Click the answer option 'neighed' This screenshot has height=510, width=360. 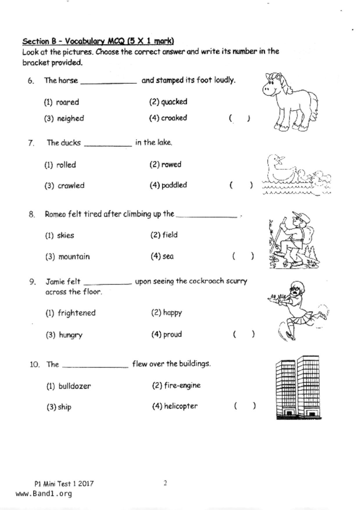tap(70, 118)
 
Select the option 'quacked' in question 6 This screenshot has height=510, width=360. tap(174, 102)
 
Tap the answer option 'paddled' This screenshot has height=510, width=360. tap(174, 185)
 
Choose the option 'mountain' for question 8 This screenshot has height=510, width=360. tap(74, 256)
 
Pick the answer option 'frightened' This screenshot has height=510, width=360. tap(76, 313)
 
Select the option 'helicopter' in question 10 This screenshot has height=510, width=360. tap(180, 406)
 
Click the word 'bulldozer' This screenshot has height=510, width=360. tap(74, 386)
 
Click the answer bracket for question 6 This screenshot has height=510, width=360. tap(239, 118)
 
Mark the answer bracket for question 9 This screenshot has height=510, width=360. tap(244, 334)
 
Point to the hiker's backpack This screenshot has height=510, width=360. tap(308, 233)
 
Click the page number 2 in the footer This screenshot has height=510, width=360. tap(165, 483)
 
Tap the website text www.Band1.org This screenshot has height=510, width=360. tap(44, 494)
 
